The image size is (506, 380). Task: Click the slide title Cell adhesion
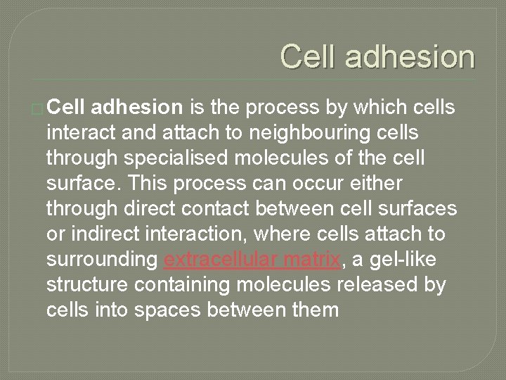(x=377, y=57)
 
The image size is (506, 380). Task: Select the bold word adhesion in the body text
(x=138, y=107)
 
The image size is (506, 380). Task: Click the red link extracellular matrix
(x=252, y=259)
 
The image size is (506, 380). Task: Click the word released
(x=385, y=284)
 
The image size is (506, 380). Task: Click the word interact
(x=83, y=132)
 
